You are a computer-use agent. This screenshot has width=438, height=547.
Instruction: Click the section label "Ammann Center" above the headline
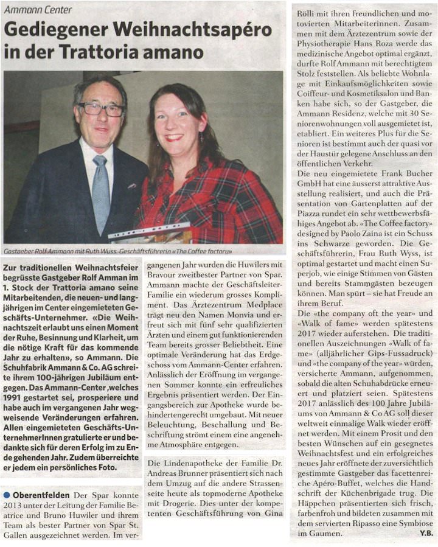pos(38,10)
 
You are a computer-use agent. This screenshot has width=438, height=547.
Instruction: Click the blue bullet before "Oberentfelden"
pos(6,495)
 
